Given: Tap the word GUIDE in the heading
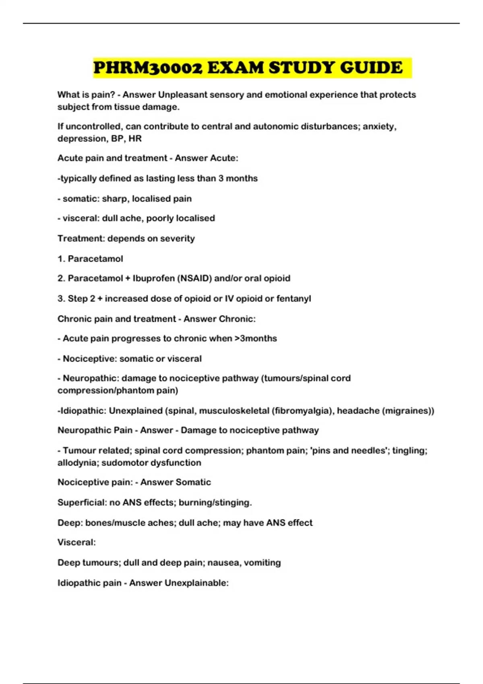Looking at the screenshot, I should [x=371, y=68].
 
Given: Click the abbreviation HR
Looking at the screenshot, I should [x=135, y=138].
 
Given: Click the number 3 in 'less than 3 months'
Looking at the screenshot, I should [x=221, y=178].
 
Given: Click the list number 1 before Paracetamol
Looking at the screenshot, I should [x=61, y=259].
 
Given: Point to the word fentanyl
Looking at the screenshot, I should [x=294, y=299].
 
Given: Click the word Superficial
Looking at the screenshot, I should [x=82, y=503].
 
